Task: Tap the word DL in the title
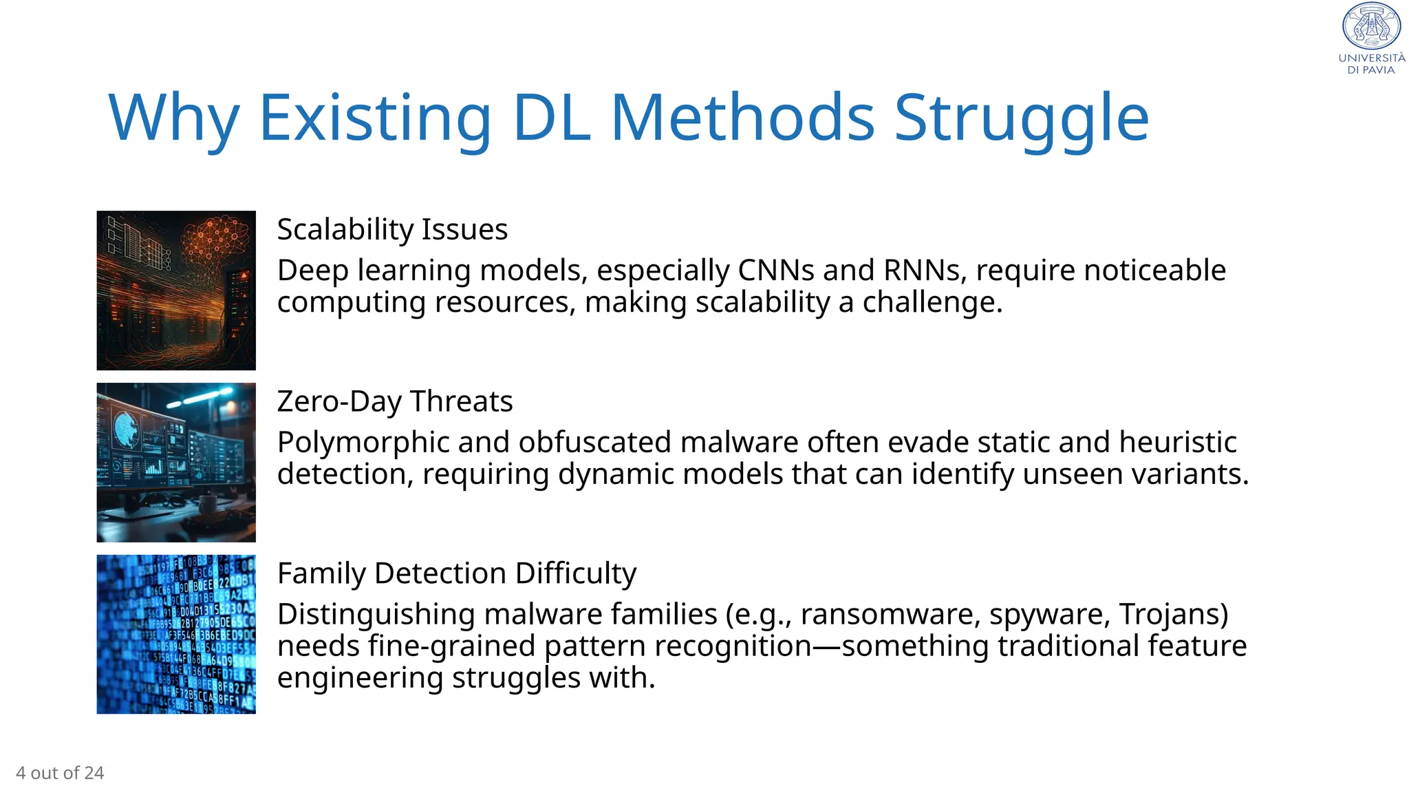pyautogui.click(x=551, y=118)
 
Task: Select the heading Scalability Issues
pyautogui.click(x=392, y=229)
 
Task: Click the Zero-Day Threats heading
pyautogui.click(x=395, y=401)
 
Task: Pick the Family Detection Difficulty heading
pyautogui.click(x=457, y=573)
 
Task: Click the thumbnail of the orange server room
pyautogui.click(x=176, y=290)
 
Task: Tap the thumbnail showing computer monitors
pyautogui.click(x=176, y=463)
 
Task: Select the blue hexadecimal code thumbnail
pyautogui.click(x=176, y=634)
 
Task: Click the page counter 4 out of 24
pyautogui.click(x=60, y=773)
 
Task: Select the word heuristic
pyautogui.click(x=1178, y=443)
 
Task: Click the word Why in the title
pyautogui.click(x=173, y=118)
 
